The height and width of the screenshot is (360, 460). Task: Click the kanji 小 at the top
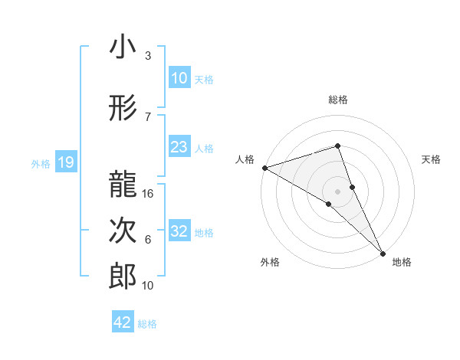[x=123, y=47]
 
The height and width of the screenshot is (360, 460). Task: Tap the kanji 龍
[x=123, y=184]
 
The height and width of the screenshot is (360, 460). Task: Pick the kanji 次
[x=123, y=231]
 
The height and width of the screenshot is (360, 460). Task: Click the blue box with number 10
[x=179, y=77]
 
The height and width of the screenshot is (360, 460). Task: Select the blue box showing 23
[x=179, y=147]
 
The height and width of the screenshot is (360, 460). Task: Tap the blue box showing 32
[x=179, y=231]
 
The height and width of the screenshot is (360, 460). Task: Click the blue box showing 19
[x=65, y=162]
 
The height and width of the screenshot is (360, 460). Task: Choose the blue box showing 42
[x=123, y=322]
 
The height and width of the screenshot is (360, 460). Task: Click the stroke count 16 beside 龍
[x=149, y=194]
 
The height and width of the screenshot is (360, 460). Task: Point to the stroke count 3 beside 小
[x=148, y=56]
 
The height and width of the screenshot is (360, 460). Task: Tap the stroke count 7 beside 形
[x=148, y=116]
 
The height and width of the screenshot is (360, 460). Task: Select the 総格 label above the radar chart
[x=337, y=100]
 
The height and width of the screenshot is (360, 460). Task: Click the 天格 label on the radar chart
[x=431, y=159]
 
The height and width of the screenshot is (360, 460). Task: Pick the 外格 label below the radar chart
[x=270, y=262]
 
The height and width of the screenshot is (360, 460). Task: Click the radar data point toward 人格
[x=264, y=167]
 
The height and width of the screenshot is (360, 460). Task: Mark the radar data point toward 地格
[x=382, y=252]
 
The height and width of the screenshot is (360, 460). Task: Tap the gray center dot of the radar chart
[x=337, y=191]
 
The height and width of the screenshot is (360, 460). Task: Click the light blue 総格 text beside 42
[x=147, y=324]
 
